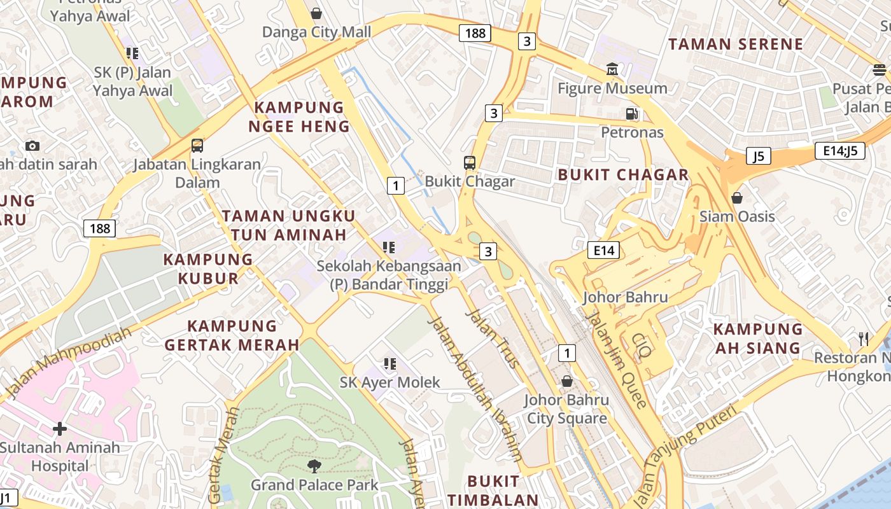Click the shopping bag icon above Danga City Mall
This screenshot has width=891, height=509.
316,13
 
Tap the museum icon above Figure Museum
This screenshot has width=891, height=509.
612,69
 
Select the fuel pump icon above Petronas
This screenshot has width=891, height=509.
631,114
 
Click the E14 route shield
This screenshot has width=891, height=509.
603,250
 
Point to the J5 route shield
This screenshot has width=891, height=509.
759,156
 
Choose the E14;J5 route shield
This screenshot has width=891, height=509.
839,151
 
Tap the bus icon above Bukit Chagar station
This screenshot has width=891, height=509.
470,162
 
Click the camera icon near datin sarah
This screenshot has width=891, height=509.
32,146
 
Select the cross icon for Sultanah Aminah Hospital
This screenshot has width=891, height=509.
60,429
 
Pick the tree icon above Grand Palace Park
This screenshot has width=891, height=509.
314,466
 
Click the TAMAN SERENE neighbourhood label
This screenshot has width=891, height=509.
735,44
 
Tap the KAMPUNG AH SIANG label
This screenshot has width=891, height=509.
757,338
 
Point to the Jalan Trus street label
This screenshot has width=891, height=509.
493,338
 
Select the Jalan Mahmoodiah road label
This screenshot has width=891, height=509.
68,363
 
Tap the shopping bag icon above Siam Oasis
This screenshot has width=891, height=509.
737,198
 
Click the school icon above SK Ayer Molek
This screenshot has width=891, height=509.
390,364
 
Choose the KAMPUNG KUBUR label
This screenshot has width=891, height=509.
208,268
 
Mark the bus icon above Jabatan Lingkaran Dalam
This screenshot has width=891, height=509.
197,146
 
